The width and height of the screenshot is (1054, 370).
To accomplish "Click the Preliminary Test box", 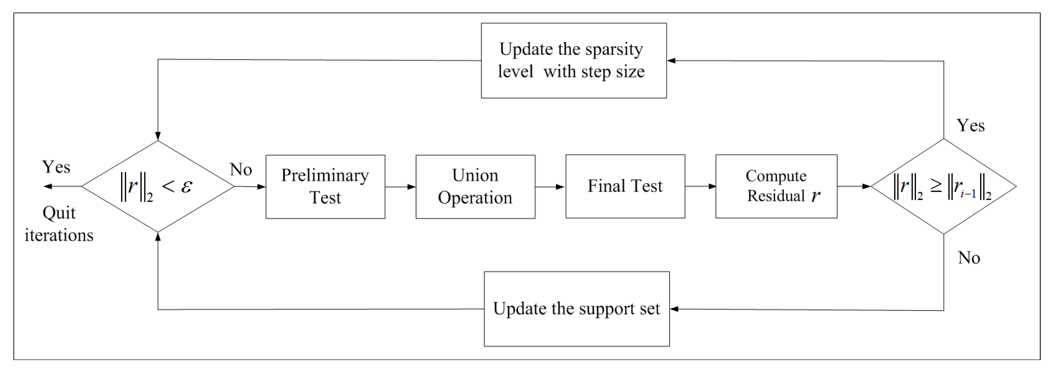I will (325, 186).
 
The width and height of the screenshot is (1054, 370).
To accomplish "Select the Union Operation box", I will (475, 186).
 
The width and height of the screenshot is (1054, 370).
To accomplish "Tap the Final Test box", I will (625, 186).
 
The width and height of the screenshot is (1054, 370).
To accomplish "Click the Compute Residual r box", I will (776, 186).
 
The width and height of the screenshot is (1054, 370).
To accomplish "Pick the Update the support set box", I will (576, 309).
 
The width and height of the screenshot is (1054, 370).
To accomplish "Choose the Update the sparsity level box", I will (573, 60).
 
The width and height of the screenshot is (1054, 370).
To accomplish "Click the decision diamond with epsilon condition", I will (157, 186).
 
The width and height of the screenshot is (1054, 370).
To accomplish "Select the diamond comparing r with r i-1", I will (943, 186).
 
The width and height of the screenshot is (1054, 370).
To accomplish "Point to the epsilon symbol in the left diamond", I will (186, 186).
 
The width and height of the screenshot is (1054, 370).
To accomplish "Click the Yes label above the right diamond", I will (970, 125).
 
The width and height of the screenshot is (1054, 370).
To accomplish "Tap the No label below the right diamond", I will (968, 258).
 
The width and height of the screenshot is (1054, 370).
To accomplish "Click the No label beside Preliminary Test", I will (241, 169).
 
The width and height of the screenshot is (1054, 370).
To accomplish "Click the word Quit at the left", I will (59, 213).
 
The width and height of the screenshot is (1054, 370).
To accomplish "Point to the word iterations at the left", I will (59, 235).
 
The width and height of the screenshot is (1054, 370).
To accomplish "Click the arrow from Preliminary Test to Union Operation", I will (400, 187).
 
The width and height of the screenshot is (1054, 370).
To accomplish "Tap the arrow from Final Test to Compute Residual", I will (700, 186).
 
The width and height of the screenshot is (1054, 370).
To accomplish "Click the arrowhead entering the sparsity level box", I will (671, 60).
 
